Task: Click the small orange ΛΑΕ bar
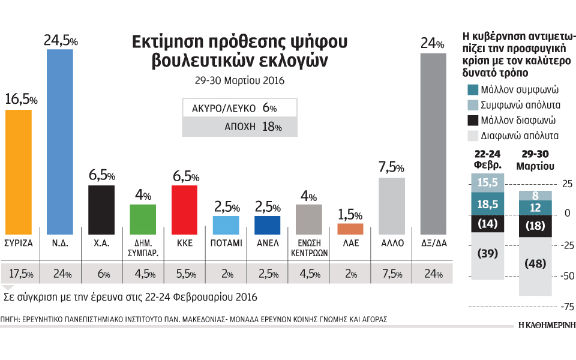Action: tap(350, 229)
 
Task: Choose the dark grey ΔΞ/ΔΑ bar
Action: tap(433, 143)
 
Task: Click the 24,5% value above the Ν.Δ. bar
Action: tap(60, 41)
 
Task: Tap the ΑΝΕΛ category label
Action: tap(267, 244)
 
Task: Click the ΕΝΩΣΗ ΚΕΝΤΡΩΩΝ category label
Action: tap(308, 248)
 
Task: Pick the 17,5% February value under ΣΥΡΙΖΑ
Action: tap(21, 275)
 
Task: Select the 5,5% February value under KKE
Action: tap(185, 275)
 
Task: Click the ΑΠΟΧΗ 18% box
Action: tap(231, 127)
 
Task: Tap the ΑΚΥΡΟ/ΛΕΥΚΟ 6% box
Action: tap(231, 108)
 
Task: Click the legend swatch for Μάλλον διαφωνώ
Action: tap(473, 119)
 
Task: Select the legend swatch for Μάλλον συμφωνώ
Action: tap(473, 90)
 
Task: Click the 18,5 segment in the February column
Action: tap(487, 205)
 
